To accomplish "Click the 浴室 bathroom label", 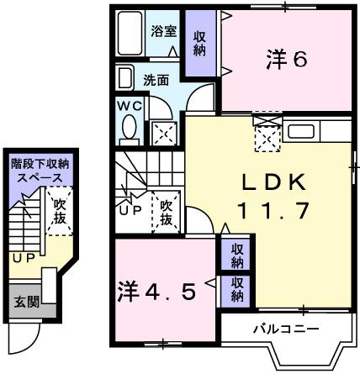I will [x=163, y=32].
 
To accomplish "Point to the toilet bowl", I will [x=130, y=129].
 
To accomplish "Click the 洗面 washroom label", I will [x=156, y=82].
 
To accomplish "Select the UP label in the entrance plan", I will [x=22, y=257].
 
